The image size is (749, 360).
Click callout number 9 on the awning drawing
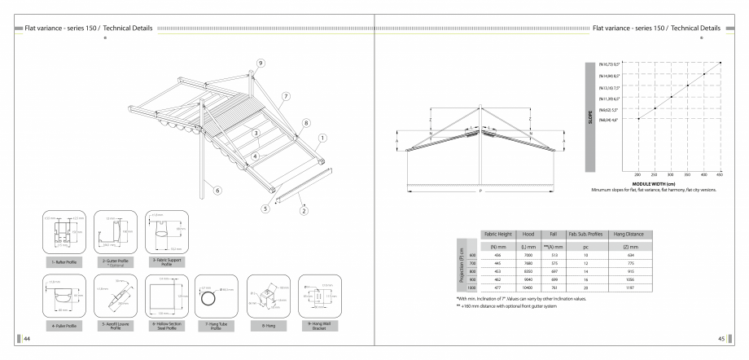click(261, 63)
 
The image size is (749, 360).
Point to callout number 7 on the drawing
click(286, 96)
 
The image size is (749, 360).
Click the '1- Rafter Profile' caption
click(64, 261)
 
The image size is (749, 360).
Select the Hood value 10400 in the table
click(527, 288)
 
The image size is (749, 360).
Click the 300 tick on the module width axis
click(671, 175)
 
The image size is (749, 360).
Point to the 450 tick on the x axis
click(720, 175)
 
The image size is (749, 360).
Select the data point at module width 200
click(638, 119)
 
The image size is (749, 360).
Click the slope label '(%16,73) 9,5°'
click(611, 63)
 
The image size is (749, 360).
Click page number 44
click(27, 339)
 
